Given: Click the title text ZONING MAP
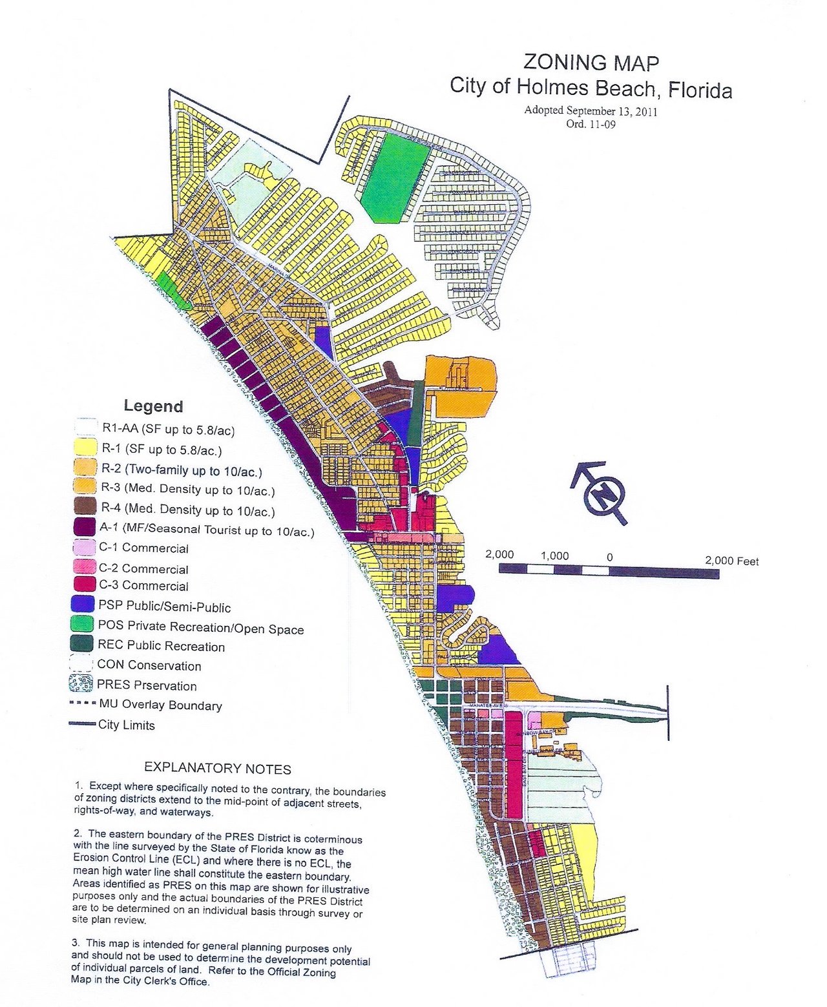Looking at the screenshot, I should coord(591,63).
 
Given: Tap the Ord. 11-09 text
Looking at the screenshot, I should coord(591,124).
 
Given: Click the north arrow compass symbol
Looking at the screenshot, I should coord(604,495).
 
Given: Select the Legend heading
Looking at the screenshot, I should coord(153,406).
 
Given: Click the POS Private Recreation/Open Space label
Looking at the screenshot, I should coord(200,627).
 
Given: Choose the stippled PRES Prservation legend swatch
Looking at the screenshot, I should coord(81,683).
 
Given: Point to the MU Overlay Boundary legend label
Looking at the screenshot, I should coord(160,705).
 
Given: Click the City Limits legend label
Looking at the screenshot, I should coord(127,725).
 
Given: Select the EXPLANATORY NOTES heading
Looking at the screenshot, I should coord(217,769).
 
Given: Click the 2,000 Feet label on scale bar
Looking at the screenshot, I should coord(731,561).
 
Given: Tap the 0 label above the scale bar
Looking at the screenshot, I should coord(609,557).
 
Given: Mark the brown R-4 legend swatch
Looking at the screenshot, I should coord(86,508).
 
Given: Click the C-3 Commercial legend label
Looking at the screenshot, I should coord(143,587).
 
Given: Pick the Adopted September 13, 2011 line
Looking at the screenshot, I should coord(591,110).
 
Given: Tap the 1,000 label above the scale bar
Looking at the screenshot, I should coord(554,555).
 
